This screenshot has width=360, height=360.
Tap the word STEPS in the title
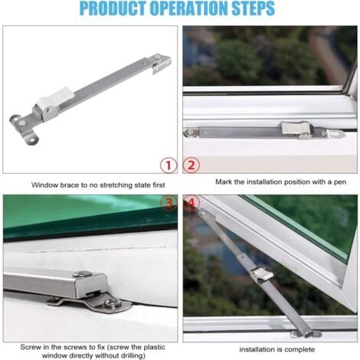253,8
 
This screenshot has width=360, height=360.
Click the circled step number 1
169,165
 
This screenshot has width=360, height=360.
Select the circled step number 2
191,165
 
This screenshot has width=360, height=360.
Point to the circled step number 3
169,203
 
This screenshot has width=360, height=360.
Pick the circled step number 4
191,202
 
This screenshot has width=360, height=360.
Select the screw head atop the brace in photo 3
82,274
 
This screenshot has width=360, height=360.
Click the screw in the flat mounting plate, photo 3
113,303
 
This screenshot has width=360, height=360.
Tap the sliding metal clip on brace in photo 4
261,275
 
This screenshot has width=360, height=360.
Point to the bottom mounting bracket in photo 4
306,333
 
